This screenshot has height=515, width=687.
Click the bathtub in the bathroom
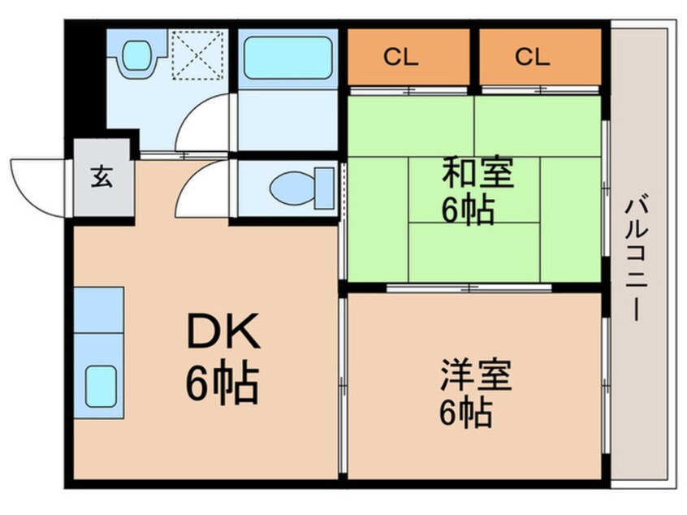point(287,58)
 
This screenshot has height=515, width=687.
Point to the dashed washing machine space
point(197,54)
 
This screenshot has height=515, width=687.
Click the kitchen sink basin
point(101,386)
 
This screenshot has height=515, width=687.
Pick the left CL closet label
point(401,57)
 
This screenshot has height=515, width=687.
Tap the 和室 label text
point(477,173)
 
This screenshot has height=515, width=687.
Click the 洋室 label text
point(476,375)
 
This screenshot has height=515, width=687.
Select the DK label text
point(224,331)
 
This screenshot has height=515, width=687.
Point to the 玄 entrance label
point(102,177)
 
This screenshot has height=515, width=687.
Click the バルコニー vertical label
point(637,259)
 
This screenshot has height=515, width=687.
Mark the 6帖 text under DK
point(223,382)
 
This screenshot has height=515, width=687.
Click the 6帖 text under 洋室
point(466,412)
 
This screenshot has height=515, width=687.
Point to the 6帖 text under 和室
point(468,210)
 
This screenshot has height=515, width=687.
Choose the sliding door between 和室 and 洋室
point(469,288)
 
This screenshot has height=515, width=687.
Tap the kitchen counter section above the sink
point(98,309)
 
